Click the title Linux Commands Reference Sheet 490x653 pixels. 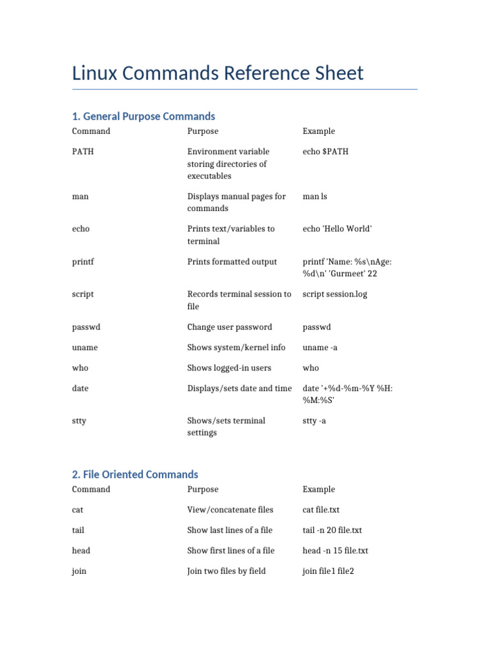click(x=218, y=73)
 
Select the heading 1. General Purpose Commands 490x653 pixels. click(x=144, y=116)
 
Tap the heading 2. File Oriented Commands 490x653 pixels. click(x=135, y=474)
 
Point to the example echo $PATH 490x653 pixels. click(x=325, y=152)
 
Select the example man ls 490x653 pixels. click(x=315, y=196)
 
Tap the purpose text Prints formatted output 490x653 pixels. click(x=232, y=262)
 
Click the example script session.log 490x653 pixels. click(x=335, y=295)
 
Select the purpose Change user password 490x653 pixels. click(x=230, y=327)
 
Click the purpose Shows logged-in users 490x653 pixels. click(x=229, y=368)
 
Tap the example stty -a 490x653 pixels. click(x=315, y=421)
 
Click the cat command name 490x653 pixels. click(x=78, y=510)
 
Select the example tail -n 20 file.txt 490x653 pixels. click(x=332, y=531)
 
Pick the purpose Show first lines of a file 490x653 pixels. click(x=231, y=551)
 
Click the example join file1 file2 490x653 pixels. click(x=328, y=571)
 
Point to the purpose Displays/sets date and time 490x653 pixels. click(x=239, y=388)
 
